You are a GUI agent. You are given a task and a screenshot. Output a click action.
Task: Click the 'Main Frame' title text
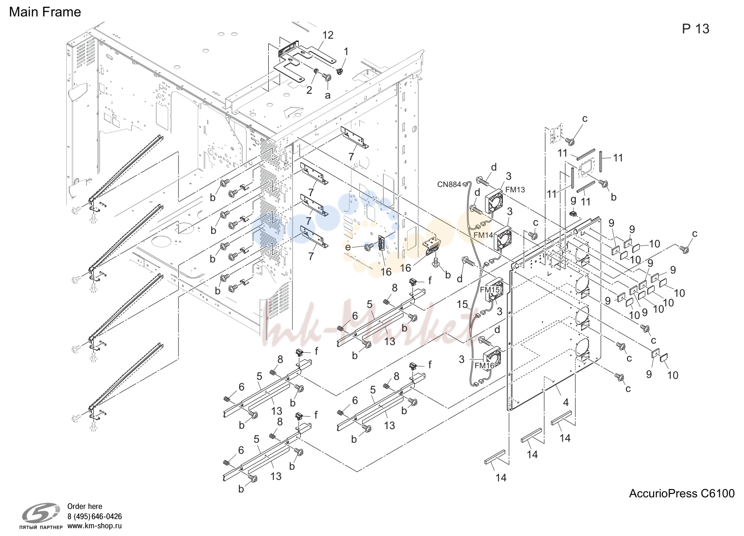tap(45, 12)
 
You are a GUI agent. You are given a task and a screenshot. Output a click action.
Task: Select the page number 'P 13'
tap(696, 29)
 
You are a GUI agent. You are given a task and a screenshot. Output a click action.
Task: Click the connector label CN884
tap(449, 184)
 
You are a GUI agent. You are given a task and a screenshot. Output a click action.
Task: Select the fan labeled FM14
tap(503, 238)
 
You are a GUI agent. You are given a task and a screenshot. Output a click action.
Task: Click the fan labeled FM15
tap(495, 290)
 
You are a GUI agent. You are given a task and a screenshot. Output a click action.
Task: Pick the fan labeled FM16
tap(492, 359)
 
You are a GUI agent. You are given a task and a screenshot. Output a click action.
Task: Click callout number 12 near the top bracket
tap(328, 35)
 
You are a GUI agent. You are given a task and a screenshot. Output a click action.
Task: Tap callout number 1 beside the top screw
tap(346, 52)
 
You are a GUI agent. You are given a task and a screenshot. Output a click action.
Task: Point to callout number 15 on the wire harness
tap(462, 304)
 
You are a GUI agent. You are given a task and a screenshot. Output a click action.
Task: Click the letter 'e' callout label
tap(348, 247)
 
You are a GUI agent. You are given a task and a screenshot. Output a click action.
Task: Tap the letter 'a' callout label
tap(327, 96)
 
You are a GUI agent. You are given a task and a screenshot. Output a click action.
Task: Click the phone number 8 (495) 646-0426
tap(95, 516)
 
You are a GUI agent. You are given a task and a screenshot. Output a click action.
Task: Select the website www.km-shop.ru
tap(95, 526)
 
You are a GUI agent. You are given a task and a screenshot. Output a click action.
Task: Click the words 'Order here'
tap(85, 507)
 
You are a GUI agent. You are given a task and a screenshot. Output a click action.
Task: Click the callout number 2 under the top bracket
tap(309, 90)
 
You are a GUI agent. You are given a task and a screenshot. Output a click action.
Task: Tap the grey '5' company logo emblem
tap(41, 513)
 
